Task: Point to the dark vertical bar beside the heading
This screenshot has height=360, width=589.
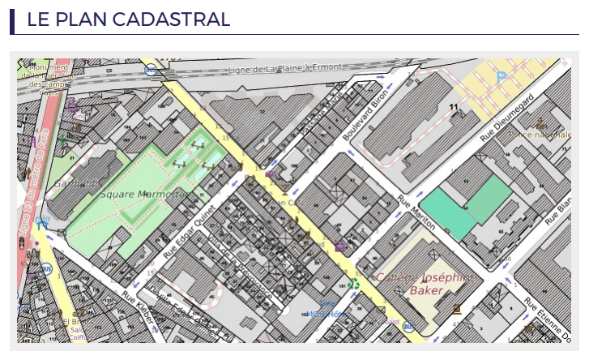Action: click(13, 19)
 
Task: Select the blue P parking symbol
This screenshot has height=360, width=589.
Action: click(502, 77)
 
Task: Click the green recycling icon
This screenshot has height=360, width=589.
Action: click(353, 284)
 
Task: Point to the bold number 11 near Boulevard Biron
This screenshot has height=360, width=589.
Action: click(454, 106)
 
